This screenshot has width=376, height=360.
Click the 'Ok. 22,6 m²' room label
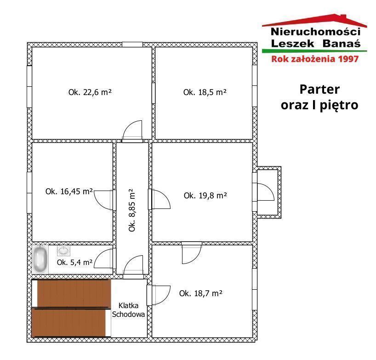point(90,92)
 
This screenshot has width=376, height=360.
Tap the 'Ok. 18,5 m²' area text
point(205,92)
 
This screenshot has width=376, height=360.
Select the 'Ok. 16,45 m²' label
point(69,191)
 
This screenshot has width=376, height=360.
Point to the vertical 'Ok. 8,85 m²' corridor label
point(132,210)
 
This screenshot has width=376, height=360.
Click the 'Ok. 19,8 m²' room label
point(205,196)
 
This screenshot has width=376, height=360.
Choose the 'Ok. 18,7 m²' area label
point(201,293)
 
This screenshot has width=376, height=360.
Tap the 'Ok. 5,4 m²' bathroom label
point(74,263)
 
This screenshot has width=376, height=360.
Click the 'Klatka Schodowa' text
point(129,310)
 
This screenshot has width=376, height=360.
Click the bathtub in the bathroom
point(40,259)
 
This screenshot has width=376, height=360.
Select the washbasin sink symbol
point(63,251)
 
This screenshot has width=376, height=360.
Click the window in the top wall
point(132,45)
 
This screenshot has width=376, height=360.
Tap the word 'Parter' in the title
point(319,90)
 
